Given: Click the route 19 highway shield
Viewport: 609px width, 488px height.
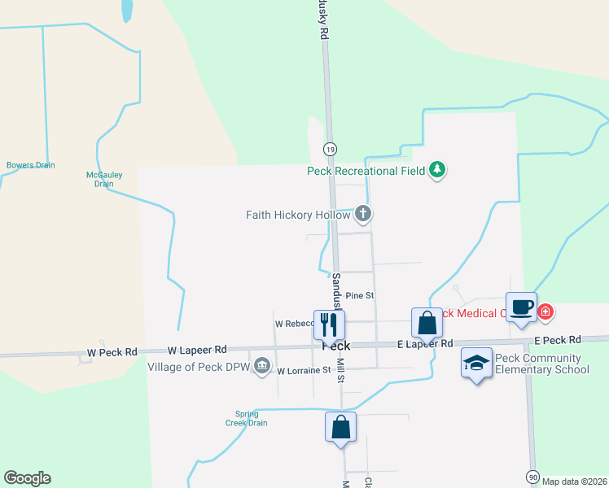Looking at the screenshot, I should [x=330, y=149].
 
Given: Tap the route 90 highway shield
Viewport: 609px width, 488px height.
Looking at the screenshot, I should [x=532, y=476].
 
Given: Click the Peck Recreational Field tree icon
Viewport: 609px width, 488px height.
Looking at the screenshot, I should [x=439, y=170].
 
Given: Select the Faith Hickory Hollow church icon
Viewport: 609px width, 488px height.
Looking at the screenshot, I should [x=363, y=215].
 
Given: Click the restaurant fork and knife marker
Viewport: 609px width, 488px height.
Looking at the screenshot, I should [x=329, y=324].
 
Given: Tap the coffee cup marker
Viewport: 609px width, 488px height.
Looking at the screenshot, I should [x=522, y=307].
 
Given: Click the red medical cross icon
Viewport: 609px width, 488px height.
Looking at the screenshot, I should [x=545, y=312].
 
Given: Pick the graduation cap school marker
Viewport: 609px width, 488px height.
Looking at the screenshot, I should [x=476, y=362].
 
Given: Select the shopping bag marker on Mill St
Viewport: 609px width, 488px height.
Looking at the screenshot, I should [x=340, y=426].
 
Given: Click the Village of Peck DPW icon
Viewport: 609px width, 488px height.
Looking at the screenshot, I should [x=262, y=367].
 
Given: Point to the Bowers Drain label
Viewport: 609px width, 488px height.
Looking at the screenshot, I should [x=31, y=165].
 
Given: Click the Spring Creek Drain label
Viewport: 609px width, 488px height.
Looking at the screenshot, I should [x=246, y=418].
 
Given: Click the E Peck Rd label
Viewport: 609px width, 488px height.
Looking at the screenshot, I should [x=558, y=339].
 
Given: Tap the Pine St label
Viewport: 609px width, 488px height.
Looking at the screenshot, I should [x=359, y=296].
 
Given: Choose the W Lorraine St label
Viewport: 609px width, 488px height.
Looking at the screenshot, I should [x=304, y=371].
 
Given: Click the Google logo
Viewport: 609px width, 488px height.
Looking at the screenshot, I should [x=27, y=478].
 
